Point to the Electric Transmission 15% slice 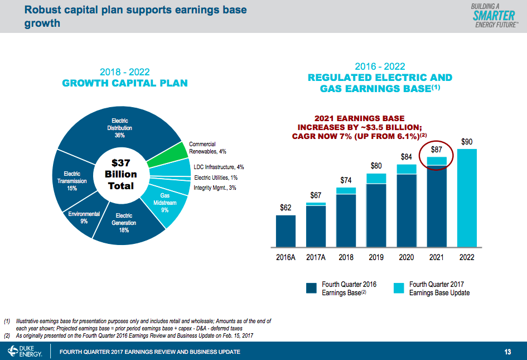71,181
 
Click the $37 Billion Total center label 120,174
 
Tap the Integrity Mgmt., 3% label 215,188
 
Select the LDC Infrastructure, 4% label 219,167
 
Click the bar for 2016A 286,231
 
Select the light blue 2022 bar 467,198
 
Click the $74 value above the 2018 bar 346,180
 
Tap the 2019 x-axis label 376,258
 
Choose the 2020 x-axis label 407,258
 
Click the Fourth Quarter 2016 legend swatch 311,288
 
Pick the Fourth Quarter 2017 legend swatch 398,288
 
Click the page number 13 507,352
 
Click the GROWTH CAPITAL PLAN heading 124,83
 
